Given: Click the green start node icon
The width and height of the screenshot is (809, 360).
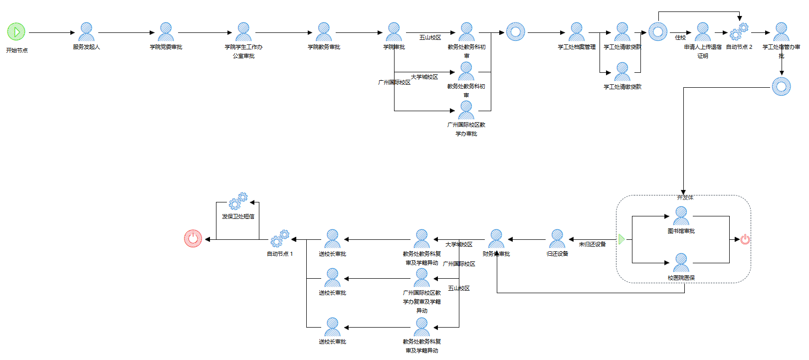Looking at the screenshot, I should click(x=16, y=31).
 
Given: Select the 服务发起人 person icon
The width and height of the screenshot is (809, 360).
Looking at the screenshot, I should click(x=86, y=32).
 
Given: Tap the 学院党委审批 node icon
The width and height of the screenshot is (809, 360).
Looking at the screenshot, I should click(x=166, y=32).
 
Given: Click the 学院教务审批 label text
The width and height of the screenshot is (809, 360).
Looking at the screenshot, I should click(x=324, y=47).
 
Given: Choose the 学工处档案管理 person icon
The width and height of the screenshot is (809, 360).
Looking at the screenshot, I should click(x=577, y=32).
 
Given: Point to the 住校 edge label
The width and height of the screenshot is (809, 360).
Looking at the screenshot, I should click(x=680, y=37).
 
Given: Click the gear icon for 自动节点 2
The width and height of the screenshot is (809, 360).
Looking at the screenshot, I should click(x=739, y=31).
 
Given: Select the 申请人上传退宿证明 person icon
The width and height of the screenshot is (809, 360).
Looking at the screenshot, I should click(x=703, y=32).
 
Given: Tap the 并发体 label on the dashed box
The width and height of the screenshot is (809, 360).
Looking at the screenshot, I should click(x=685, y=197).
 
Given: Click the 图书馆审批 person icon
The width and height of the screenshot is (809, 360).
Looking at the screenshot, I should click(x=681, y=216).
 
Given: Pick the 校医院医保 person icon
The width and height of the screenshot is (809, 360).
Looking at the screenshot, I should click(x=681, y=263).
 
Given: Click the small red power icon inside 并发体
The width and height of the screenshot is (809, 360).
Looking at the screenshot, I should click(x=745, y=239).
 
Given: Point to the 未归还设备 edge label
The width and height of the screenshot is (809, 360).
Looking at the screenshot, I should click(x=592, y=244).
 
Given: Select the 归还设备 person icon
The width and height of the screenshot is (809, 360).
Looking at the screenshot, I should click(x=557, y=239).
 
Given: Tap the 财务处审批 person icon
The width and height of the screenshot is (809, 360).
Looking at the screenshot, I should click(x=496, y=239).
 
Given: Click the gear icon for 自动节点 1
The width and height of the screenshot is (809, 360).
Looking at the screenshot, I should click(x=280, y=239).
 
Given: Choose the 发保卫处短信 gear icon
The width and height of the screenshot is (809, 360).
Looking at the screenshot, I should click(x=238, y=201).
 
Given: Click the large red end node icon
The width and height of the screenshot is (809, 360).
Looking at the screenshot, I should click(x=193, y=239).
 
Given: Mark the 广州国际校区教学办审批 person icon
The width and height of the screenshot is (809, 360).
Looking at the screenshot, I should click(x=466, y=110).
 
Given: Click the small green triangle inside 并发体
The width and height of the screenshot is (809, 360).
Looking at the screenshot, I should click(x=621, y=239).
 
